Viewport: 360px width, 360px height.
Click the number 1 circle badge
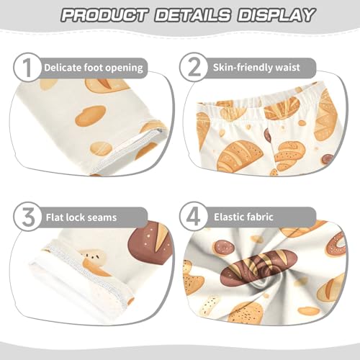(x=27, y=68)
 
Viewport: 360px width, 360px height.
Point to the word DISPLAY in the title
(x=276, y=15)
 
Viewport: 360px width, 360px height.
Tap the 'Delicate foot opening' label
(x=94, y=68)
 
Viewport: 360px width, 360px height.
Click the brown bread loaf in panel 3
(x=150, y=241)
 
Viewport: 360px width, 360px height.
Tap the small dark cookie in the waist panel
(x=327, y=158)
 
